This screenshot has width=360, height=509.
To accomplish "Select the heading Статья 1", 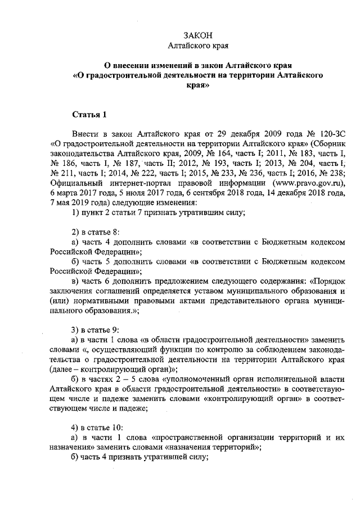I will click(89, 115).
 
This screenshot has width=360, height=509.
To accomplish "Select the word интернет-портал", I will click(152, 183).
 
